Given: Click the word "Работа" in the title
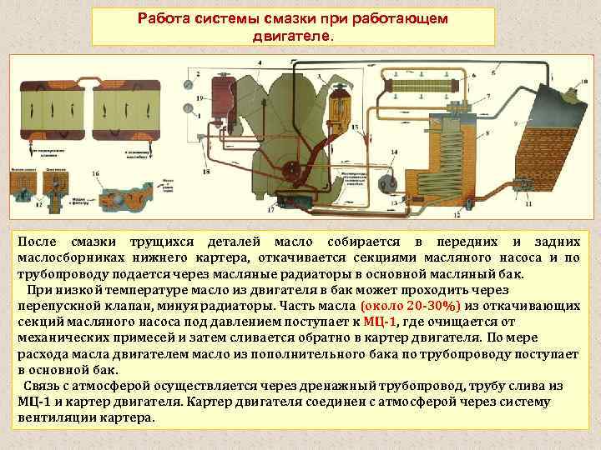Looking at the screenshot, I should (x=164, y=18).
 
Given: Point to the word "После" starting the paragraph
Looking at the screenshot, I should (x=37, y=239).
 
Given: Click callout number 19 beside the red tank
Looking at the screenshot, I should (x=198, y=98).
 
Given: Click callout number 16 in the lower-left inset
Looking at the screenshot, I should (x=94, y=173).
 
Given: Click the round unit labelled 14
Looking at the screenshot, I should (x=386, y=184).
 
